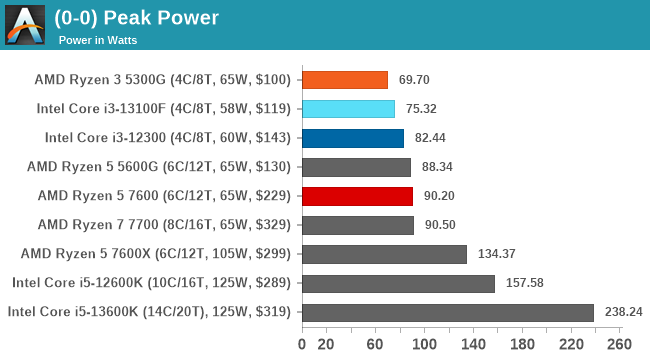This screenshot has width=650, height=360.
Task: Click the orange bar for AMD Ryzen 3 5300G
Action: (x=344, y=80)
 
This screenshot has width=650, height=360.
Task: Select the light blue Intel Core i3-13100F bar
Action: (x=348, y=109)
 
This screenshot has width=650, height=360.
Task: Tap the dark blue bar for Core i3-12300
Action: (x=352, y=138)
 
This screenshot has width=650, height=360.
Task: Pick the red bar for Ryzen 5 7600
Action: (x=357, y=196)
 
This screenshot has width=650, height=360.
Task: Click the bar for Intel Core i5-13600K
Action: (x=447, y=312)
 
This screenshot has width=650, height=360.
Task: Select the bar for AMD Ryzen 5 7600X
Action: (x=384, y=254)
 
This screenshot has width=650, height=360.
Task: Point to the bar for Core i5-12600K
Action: (x=398, y=283)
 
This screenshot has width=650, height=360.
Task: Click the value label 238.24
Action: (x=624, y=312)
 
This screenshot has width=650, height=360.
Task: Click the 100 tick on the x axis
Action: (x=424, y=345)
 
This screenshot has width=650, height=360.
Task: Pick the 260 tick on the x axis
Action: (x=619, y=345)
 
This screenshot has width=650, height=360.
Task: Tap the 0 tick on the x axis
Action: (x=302, y=345)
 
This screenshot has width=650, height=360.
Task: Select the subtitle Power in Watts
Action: (x=97, y=41)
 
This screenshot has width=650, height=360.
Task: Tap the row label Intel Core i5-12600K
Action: (x=151, y=283)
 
